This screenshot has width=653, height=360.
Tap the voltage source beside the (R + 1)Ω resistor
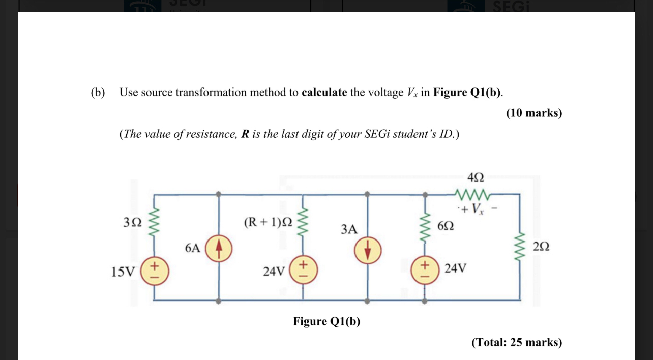coord(304,269)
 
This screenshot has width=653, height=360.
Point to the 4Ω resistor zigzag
coord(472,194)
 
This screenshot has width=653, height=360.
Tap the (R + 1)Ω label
coord(268,222)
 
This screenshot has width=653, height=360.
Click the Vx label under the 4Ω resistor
coord(476,208)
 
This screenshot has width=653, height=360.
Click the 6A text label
coord(193,248)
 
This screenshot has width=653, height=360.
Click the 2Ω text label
coord(541,247)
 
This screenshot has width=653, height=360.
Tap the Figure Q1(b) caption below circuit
coord(326,321)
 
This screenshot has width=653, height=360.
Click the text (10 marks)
coord(534,113)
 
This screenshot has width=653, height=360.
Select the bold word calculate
coord(324,92)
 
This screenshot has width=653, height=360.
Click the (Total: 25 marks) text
coord(517,342)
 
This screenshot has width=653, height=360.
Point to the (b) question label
coord(98,92)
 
